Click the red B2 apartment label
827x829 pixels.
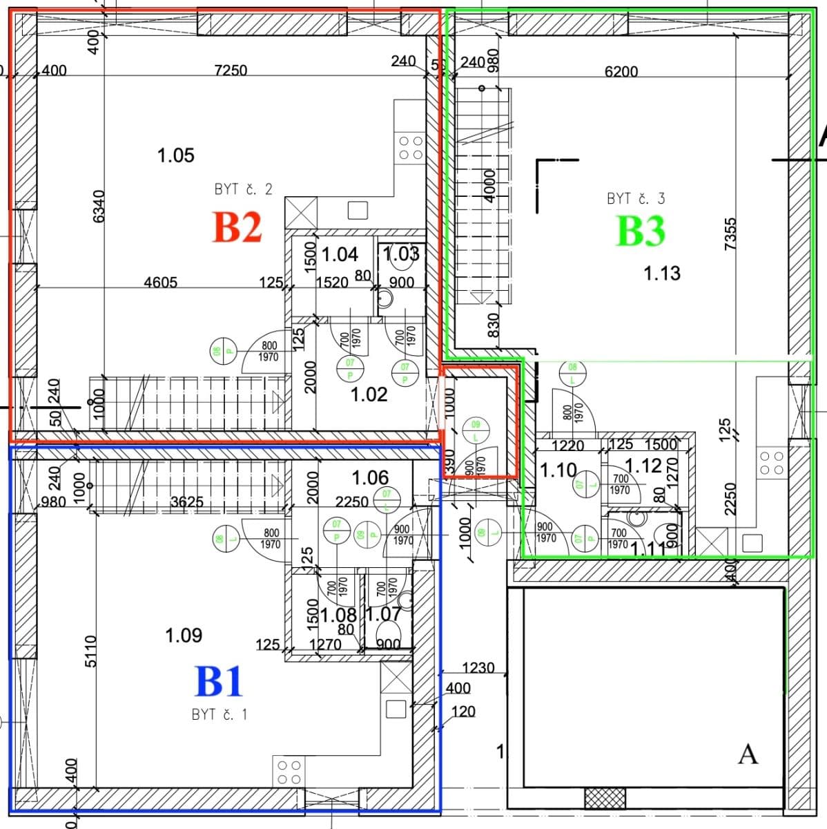[x=237, y=227]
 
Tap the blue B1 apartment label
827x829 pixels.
[x=219, y=681]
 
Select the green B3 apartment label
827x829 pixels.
[x=640, y=231]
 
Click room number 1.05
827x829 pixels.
[x=176, y=155]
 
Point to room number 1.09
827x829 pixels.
[x=184, y=635]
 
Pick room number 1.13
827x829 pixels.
[x=661, y=274]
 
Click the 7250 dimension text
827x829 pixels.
[x=231, y=70]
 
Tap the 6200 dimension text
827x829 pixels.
[x=621, y=71]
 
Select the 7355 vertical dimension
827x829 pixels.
[x=732, y=235]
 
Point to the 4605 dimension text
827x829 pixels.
[x=160, y=282]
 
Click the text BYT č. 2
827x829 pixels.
[x=243, y=189]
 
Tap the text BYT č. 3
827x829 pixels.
[x=636, y=198]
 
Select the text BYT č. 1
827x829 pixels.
[x=219, y=714]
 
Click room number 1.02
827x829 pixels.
[x=369, y=394]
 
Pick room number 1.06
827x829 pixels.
[x=370, y=477]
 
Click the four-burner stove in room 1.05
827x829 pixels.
[x=411, y=147]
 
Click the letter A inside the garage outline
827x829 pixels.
[x=748, y=754]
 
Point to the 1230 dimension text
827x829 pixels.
[x=478, y=667]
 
